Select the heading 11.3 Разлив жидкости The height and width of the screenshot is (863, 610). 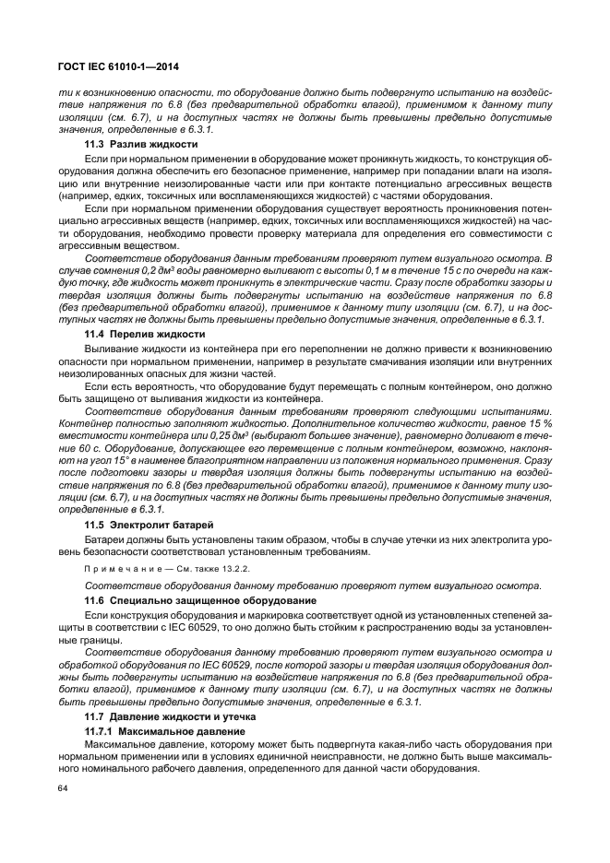point(141,146)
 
